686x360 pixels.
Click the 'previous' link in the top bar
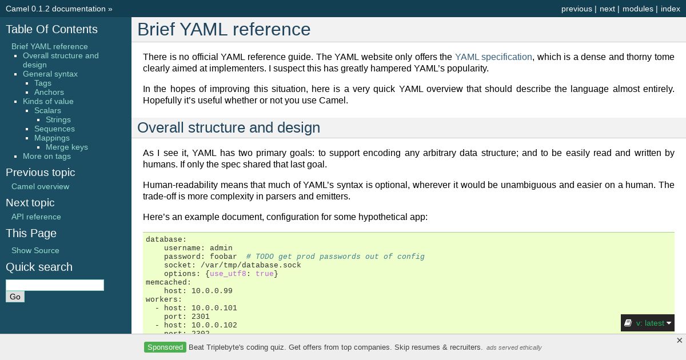576,9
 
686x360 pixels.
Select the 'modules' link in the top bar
637,9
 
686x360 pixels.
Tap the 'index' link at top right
671,9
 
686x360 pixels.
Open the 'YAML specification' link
493,57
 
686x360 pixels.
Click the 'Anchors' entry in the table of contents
49,92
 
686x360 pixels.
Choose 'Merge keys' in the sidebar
67,147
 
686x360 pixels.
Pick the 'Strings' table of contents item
58,119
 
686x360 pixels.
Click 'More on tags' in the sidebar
47,156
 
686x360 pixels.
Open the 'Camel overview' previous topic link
41,186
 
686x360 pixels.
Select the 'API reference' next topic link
36,217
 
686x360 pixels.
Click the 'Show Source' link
35,250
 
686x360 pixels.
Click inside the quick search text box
55,285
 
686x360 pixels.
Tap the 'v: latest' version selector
647,323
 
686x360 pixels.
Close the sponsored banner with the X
679,341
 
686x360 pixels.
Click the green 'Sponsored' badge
165,347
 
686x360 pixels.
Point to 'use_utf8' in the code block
228,274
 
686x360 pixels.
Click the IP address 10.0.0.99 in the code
212,291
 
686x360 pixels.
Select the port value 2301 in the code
201,317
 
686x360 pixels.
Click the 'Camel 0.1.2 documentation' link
56,9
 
